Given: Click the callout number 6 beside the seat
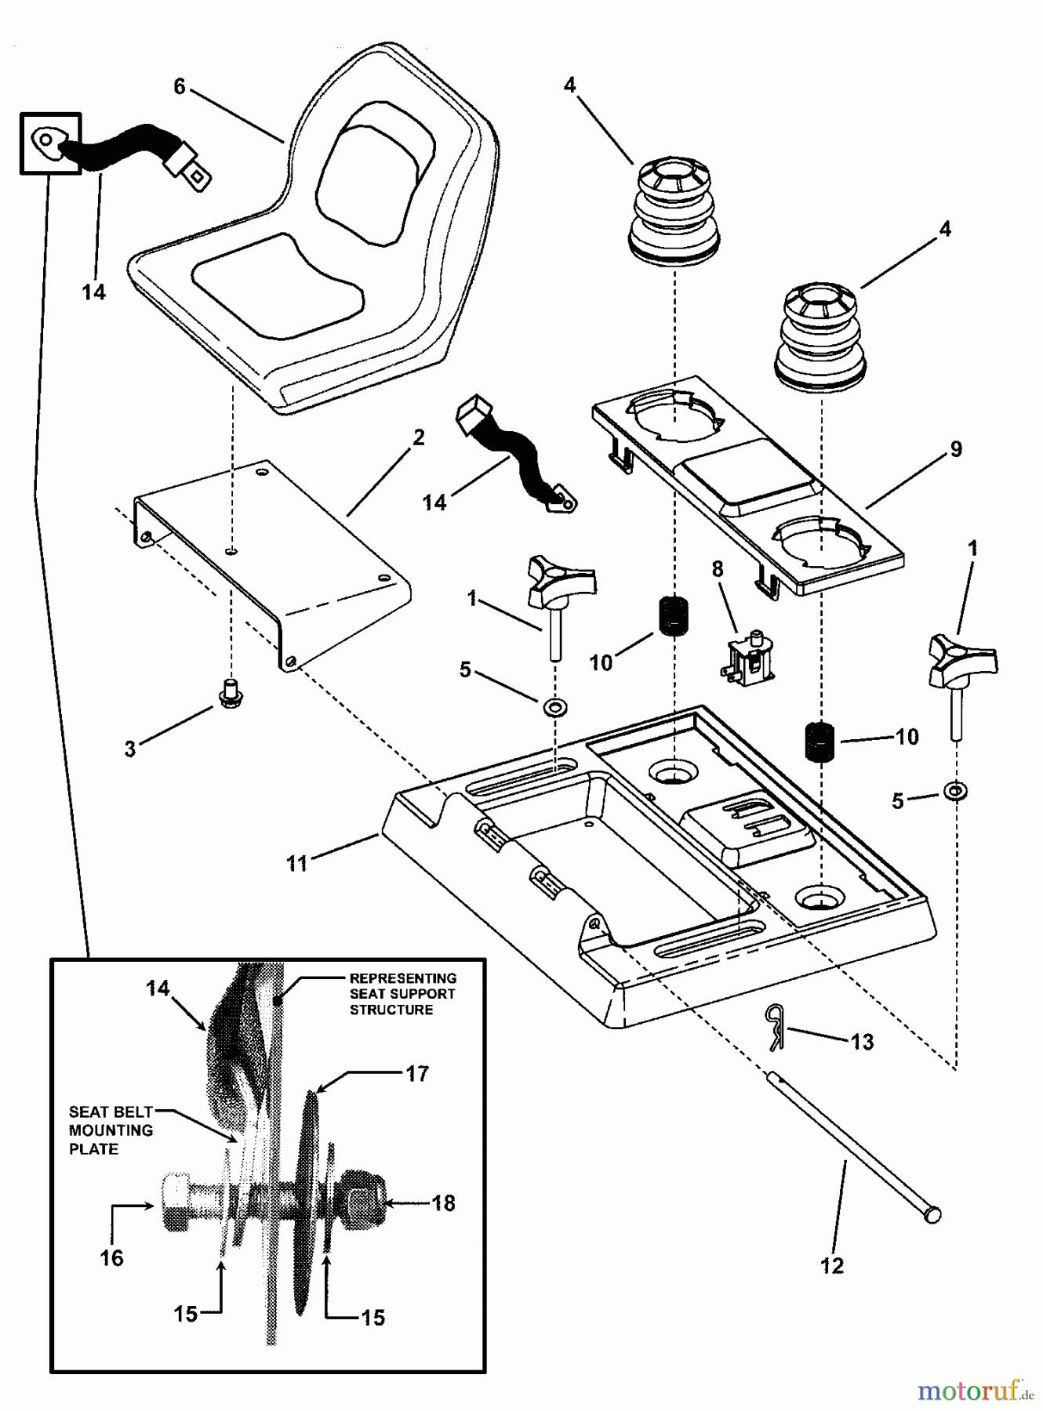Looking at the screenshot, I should (179, 86).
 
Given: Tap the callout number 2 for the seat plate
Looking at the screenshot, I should (418, 437).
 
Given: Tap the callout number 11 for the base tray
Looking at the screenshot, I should (296, 864).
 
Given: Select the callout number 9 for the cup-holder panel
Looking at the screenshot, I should (955, 449).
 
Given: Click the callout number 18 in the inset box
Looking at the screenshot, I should (443, 1202).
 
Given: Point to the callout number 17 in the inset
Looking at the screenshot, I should (417, 1073).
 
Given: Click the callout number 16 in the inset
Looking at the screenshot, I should (111, 1257).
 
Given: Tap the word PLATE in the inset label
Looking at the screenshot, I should (93, 1149).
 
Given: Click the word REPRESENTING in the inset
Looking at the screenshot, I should (402, 978).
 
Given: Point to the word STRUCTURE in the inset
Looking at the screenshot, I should (391, 1010).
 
